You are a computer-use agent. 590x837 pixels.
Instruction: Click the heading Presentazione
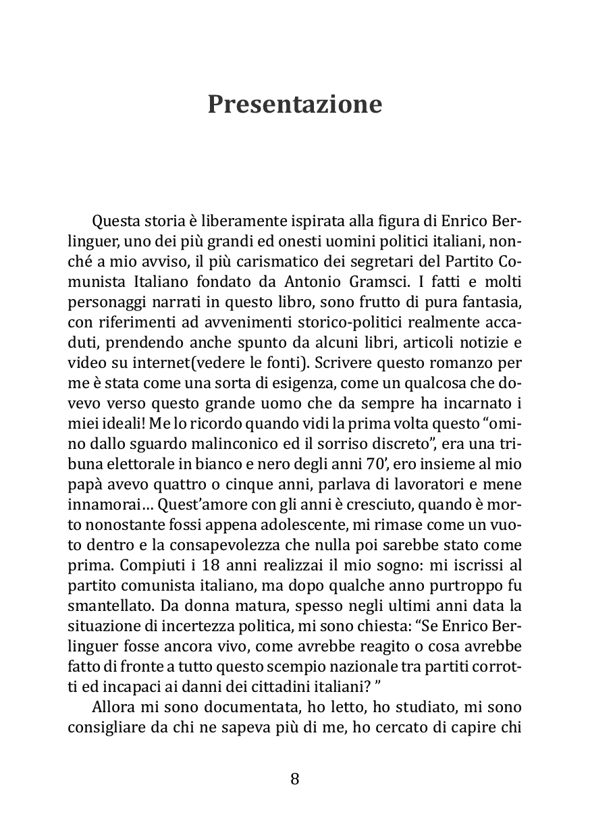[x=294, y=105]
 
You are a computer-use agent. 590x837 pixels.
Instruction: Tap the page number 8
[x=294, y=779]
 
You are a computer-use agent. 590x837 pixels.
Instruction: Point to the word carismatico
[x=261, y=259]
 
